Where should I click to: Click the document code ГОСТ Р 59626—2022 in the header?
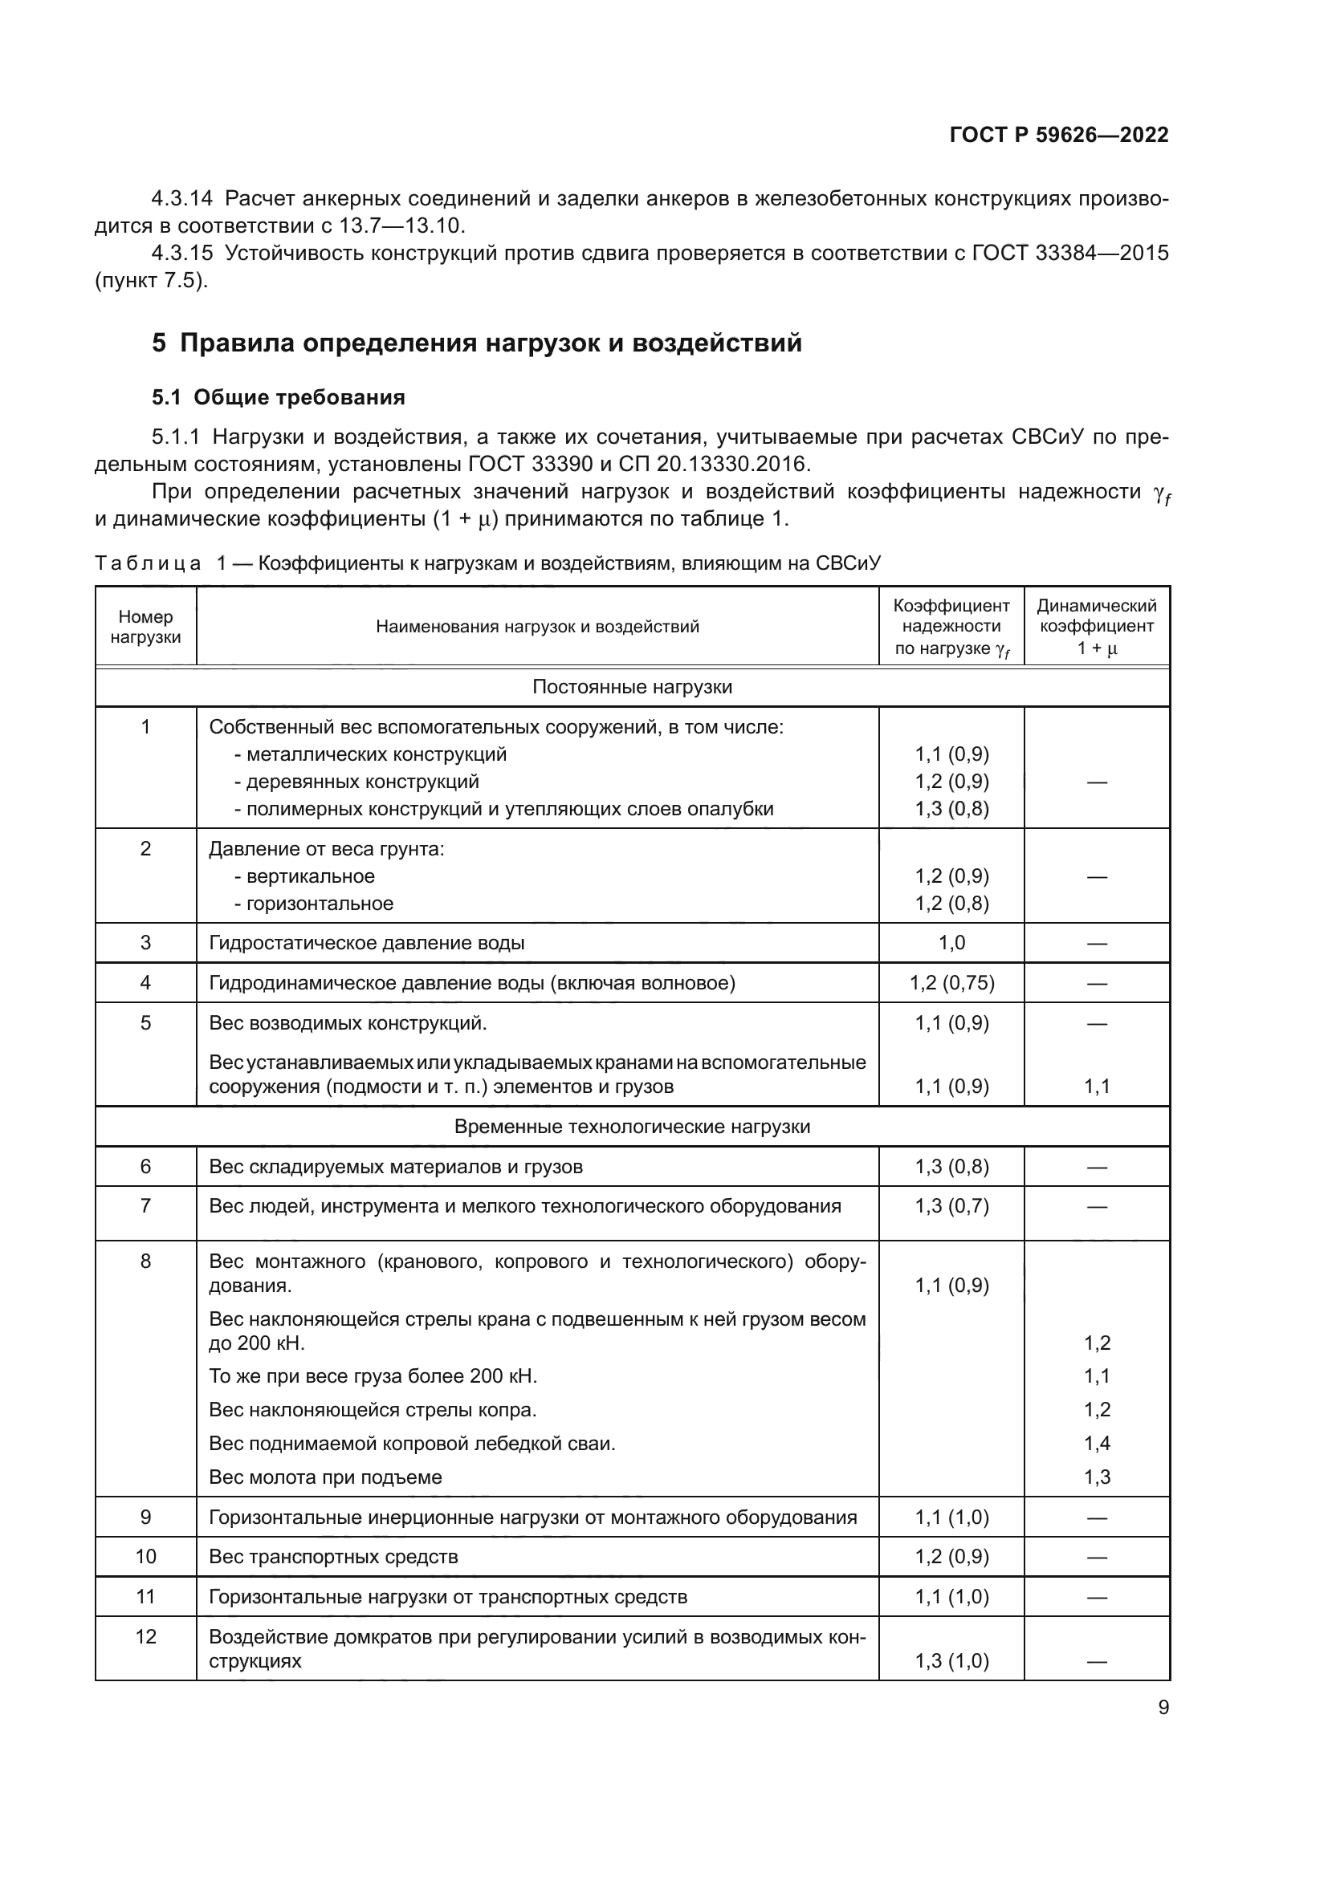[1059, 136]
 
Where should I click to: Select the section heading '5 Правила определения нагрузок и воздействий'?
[477, 343]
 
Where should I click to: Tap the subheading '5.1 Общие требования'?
[278, 397]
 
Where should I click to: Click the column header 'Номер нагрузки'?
[145, 627]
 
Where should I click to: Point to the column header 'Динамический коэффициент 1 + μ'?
[1097, 627]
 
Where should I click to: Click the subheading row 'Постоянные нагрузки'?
[632, 687]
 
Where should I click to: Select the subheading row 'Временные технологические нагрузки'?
[632, 1127]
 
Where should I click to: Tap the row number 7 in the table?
[145, 1206]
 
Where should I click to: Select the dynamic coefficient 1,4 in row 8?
[1097, 1443]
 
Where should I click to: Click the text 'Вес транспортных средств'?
[334, 1557]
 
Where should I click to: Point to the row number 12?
[145, 1636]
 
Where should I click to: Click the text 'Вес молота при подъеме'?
[325, 1477]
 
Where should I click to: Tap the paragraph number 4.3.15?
[181, 254]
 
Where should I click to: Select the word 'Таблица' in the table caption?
[147, 563]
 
